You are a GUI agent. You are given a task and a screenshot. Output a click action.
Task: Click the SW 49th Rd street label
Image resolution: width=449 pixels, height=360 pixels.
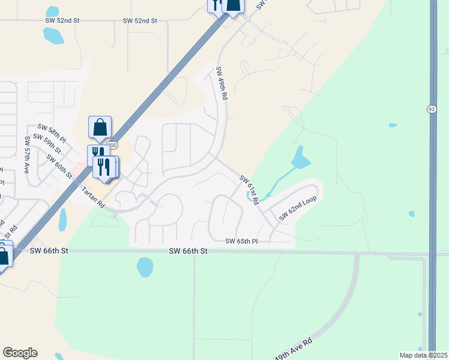221,83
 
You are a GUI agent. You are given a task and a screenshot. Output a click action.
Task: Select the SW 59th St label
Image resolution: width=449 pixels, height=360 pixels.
47,142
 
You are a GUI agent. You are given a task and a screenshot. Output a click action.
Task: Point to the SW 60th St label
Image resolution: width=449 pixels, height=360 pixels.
59,167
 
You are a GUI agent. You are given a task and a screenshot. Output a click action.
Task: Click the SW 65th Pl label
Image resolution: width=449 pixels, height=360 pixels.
241,241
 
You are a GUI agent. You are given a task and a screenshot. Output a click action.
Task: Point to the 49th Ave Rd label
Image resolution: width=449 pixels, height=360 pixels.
294,350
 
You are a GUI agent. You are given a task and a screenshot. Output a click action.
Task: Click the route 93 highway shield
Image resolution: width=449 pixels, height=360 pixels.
432,108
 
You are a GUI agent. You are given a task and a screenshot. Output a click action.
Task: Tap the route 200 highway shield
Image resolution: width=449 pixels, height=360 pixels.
112,146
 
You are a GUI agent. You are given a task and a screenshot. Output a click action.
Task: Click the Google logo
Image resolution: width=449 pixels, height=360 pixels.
20,353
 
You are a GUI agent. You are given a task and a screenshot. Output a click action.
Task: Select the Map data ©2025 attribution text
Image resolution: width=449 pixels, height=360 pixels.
423,355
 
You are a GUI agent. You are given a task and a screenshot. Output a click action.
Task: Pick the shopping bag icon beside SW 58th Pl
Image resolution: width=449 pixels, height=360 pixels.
100,127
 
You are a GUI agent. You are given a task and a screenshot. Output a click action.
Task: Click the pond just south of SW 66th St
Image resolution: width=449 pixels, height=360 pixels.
145,267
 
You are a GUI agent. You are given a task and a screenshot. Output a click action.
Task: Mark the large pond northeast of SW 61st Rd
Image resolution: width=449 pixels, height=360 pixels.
300,158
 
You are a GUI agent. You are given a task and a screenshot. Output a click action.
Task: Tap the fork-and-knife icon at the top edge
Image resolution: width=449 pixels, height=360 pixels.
215,5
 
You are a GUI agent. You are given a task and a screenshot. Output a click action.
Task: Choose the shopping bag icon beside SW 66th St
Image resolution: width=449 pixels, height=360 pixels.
3,256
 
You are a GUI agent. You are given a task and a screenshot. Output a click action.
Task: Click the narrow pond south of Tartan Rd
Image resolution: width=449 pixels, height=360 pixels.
62,220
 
